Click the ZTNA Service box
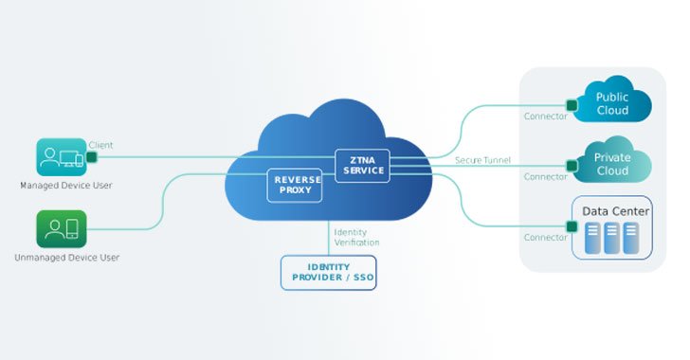362,164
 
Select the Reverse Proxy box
295,184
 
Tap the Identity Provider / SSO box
328,272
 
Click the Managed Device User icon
61,157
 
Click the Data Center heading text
616,210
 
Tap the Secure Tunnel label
482,160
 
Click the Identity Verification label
356,237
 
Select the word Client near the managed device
100,145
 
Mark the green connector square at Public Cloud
572,104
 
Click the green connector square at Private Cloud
572,165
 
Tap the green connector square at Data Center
572,225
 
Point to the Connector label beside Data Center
545,237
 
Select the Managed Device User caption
66,185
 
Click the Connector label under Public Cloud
545,117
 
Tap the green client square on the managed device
92,156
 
